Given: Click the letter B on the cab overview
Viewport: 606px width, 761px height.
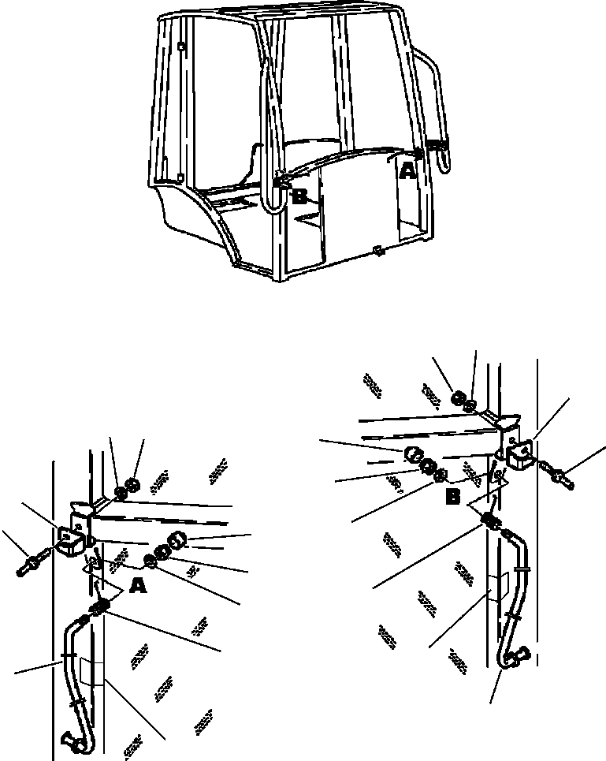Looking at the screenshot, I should (x=299, y=196).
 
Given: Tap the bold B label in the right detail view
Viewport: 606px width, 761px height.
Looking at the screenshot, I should (x=453, y=497).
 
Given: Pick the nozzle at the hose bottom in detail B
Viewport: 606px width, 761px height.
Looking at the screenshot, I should (x=521, y=655).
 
